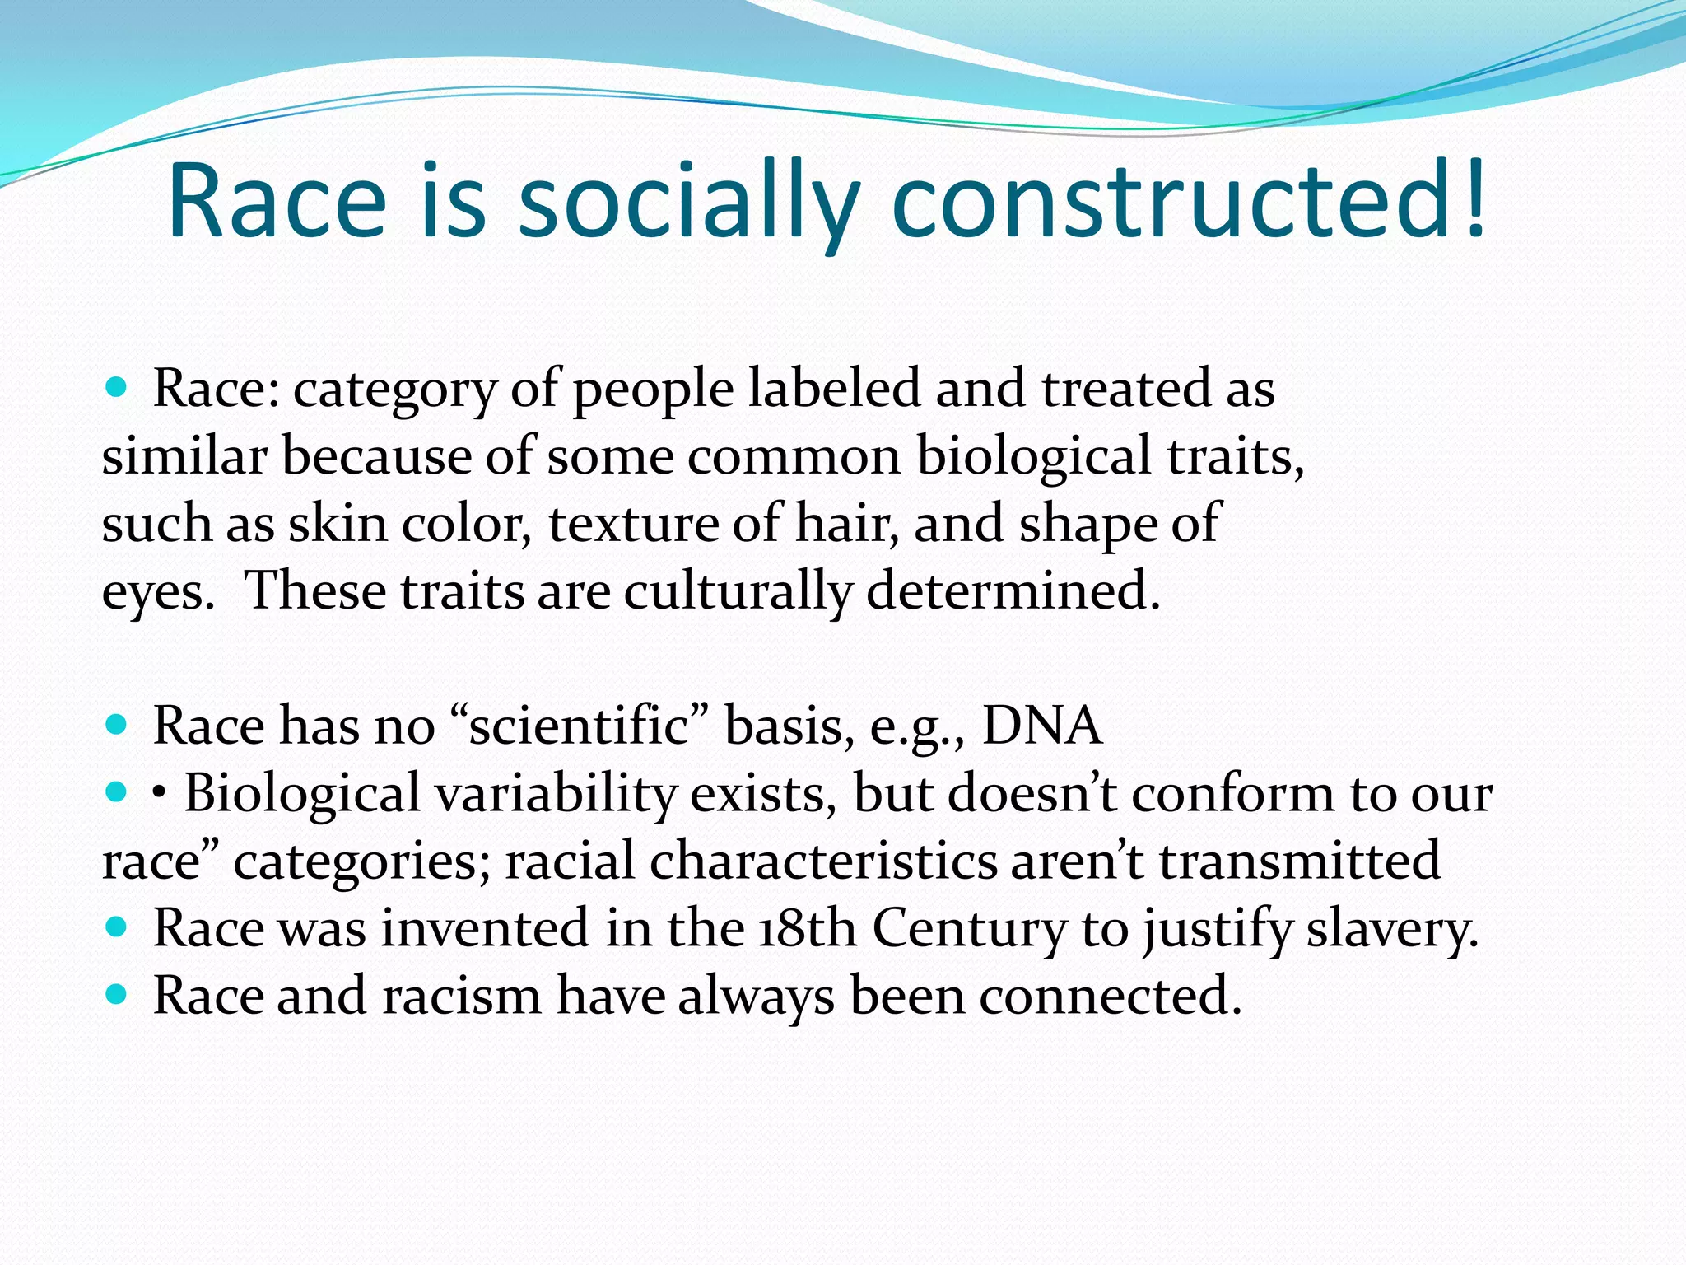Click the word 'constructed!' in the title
pos(1190,202)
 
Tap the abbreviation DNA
pos(1041,726)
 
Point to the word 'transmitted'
pos(1300,861)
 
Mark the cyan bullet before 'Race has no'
pos(117,725)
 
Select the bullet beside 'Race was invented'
pos(117,927)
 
